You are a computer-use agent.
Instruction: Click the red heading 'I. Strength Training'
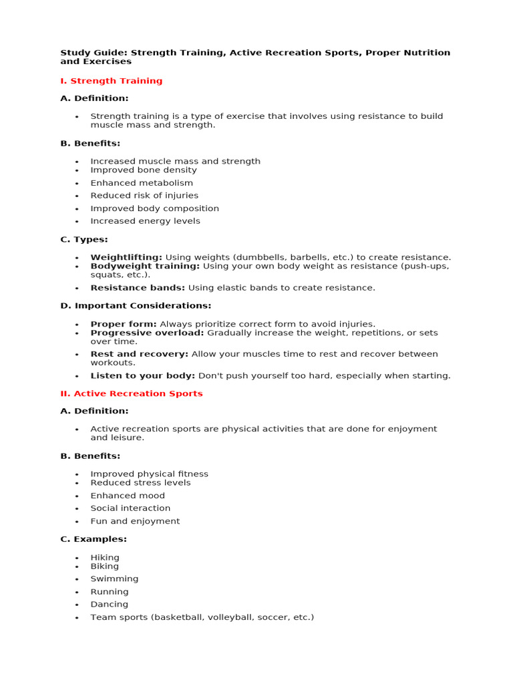[x=112, y=81]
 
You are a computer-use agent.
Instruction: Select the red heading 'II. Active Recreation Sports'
[x=132, y=393]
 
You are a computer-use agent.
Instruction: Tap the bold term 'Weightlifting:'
[x=126, y=257]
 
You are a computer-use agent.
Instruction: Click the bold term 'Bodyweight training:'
[x=145, y=266]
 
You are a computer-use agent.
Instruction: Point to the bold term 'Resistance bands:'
[x=138, y=288]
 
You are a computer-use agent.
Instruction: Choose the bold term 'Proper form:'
[x=124, y=324]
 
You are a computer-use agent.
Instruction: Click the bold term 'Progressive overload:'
[x=147, y=333]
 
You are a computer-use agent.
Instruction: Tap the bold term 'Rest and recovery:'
[x=139, y=354]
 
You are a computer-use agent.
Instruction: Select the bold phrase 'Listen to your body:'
[x=143, y=375]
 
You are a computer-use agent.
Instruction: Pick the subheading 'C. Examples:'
[x=94, y=539]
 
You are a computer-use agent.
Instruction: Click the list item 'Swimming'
[x=114, y=579]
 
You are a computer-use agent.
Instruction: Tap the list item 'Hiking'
[x=105, y=557]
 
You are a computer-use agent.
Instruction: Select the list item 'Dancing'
[x=110, y=605]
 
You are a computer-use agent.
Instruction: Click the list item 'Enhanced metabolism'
[x=142, y=183]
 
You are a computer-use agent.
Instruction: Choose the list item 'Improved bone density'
[x=144, y=170]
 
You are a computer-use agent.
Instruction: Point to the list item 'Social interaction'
[x=130, y=508]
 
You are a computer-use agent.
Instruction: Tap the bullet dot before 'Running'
[x=77, y=592]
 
